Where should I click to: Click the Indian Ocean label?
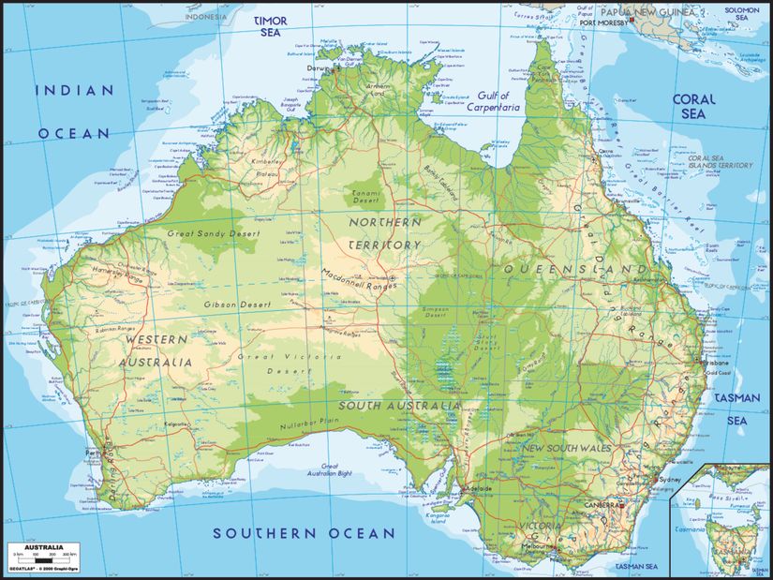(x=73, y=112)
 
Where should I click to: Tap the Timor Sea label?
(x=270, y=25)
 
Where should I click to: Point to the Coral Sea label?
(x=693, y=106)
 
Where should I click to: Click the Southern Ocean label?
(x=304, y=533)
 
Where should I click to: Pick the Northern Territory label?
(x=384, y=233)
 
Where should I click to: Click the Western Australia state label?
(x=156, y=349)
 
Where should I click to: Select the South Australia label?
(x=399, y=406)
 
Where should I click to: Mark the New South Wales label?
(x=566, y=448)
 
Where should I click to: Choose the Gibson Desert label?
(x=238, y=305)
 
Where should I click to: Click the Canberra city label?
(x=604, y=505)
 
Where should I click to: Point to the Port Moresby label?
(x=602, y=23)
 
